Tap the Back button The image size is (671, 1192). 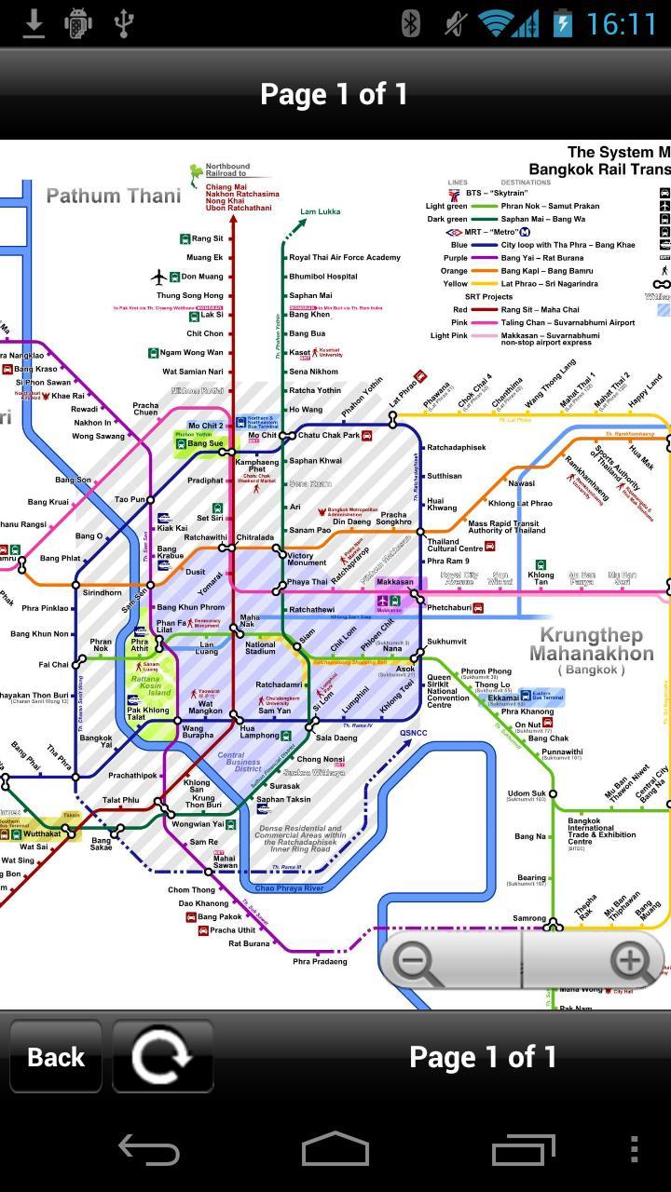click(x=56, y=1057)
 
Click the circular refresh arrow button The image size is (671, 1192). click(x=162, y=1057)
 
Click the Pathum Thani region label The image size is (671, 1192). click(x=114, y=196)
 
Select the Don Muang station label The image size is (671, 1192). click(x=202, y=277)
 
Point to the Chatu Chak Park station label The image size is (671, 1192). click(x=328, y=435)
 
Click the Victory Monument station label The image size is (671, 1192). click(x=307, y=559)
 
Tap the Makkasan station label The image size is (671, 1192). click(x=395, y=582)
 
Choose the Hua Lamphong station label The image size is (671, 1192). click(x=260, y=734)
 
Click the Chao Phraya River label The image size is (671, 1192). click(x=289, y=888)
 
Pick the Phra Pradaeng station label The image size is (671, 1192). click(x=320, y=961)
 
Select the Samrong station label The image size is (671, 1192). click(x=529, y=918)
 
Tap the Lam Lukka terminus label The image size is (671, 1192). click(x=321, y=212)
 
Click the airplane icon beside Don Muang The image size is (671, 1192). click(x=159, y=277)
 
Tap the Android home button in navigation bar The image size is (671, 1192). click(x=335, y=1150)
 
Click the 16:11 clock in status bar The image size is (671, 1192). click(x=622, y=23)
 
